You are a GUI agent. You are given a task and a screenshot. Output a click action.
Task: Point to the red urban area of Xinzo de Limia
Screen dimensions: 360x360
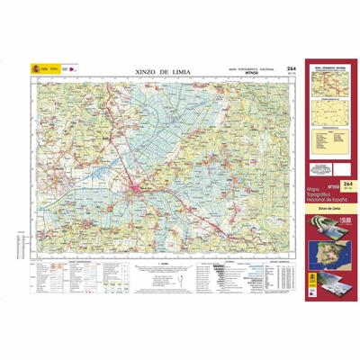[x=135, y=189]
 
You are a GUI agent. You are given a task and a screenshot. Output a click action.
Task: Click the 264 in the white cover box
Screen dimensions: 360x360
[x=346, y=184]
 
